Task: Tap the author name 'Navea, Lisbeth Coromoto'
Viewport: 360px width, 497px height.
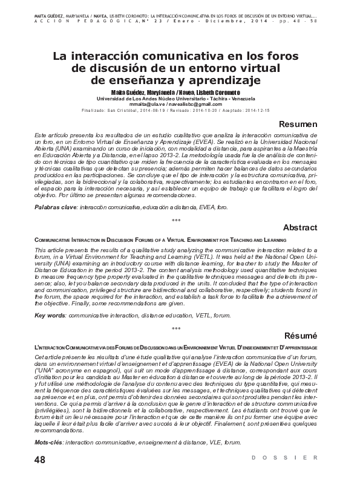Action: (209, 92)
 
